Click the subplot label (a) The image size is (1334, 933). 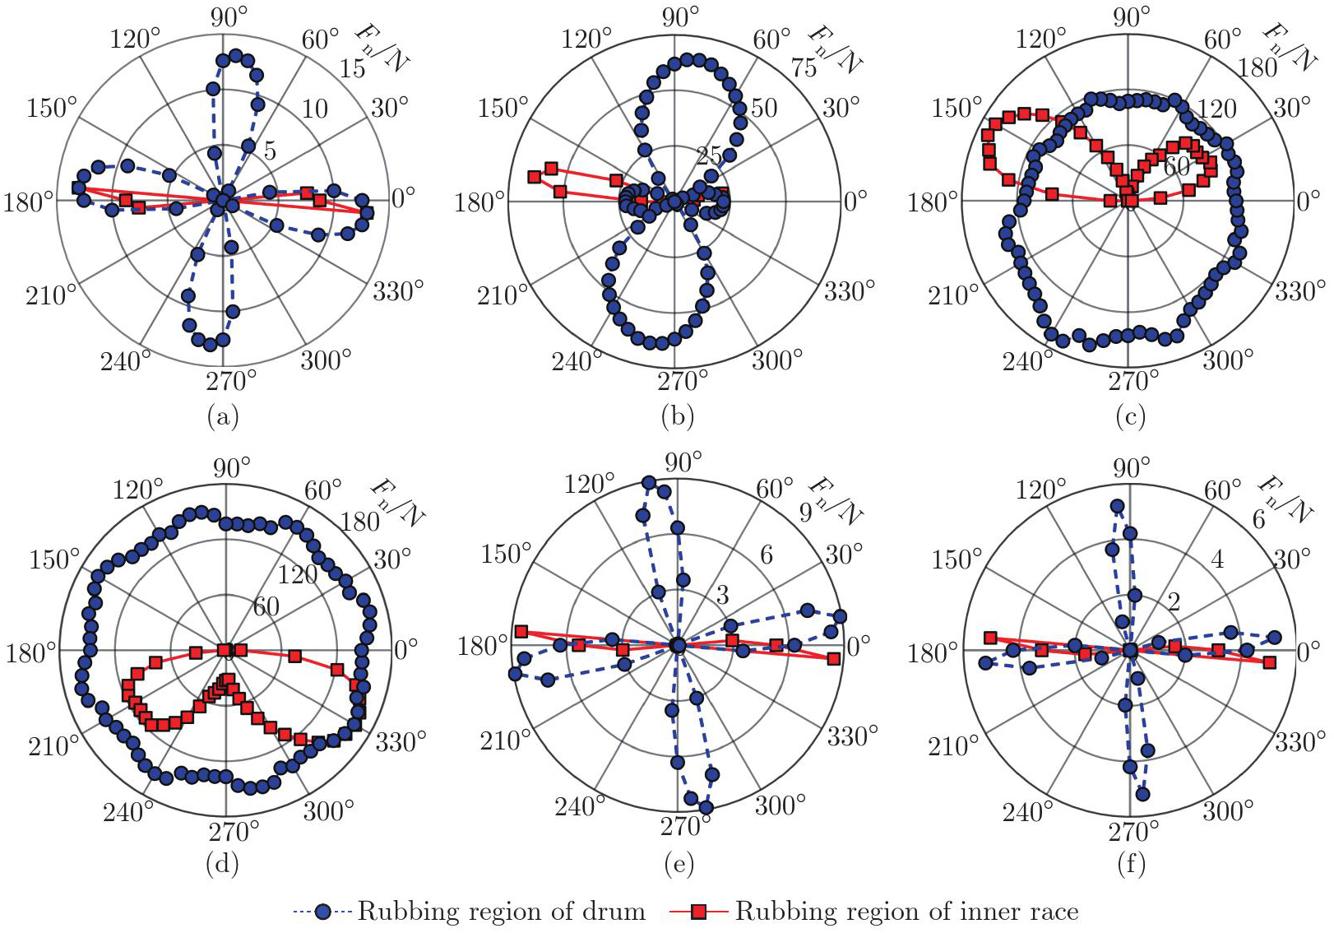(224, 417)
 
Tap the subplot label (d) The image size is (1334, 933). (224, 864)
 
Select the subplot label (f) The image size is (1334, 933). (1132, 864)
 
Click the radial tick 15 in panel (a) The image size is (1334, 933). (353, 68)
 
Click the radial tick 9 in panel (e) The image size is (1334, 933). (806, 513)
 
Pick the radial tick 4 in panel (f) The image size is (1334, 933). (1217, 559)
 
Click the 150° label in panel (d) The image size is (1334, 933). (54, 559)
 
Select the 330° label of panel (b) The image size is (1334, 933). (850, 291)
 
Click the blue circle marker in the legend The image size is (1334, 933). (323, 911)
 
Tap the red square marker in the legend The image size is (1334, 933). (698, 911)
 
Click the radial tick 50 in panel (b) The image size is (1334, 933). (763, 108)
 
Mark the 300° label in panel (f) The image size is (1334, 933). (1228, 811)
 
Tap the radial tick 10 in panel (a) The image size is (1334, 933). (313, 109)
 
